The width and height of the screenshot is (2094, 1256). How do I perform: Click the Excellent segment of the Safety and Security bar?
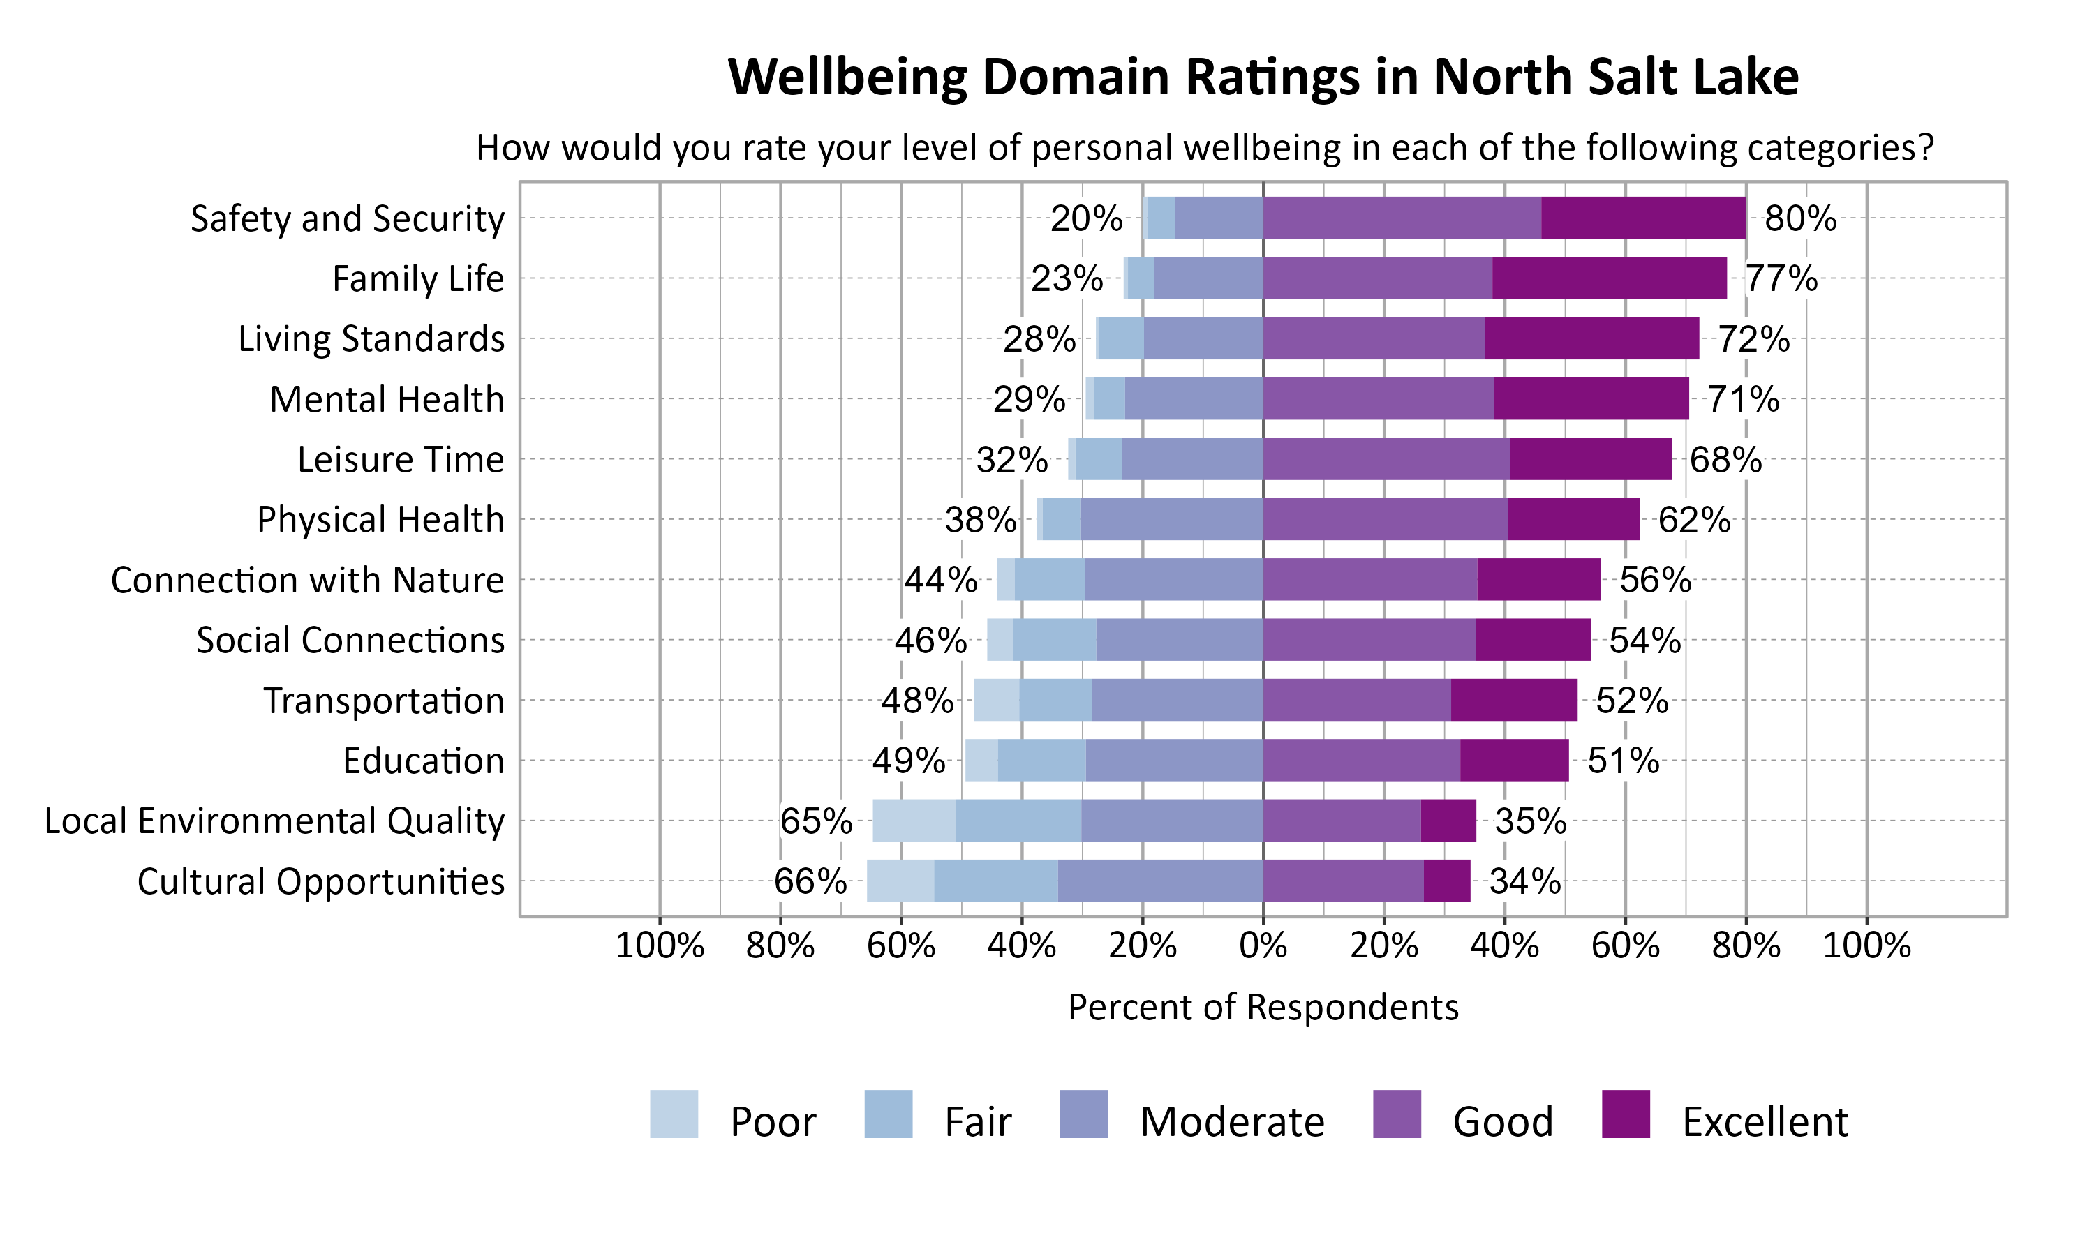click(x=1643, y=218)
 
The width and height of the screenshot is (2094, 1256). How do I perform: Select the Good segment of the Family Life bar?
click(x=1377, y=278)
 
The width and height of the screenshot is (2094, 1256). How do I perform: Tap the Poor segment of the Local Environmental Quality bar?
click(x=914, y=820)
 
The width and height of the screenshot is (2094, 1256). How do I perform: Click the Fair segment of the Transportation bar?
click(x=1055, y=700)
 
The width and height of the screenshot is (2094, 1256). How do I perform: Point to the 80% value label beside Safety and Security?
click(x=1799, y=218)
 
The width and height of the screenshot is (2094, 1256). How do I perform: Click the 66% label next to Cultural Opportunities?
click(x=809, y=881)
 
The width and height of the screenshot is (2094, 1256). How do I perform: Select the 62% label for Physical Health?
click(x=1693, y=520)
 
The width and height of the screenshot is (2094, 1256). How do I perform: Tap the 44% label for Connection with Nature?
click(x=940, y=580)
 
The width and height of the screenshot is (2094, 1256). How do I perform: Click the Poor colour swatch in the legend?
click(x=674, y=1114)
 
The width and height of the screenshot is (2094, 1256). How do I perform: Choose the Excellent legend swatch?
click(x=1626, y=1114)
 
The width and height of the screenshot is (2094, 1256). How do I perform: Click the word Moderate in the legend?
click(x=1231, y=1121)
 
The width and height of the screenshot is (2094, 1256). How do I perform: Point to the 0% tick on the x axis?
click(x=1263, y=945)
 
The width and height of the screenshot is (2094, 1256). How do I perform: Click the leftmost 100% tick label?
click(x=660, y=945)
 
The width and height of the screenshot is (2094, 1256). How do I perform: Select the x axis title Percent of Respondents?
click(x=1263, y=1007)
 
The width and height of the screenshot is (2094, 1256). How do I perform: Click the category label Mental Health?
click(x=386, y=398)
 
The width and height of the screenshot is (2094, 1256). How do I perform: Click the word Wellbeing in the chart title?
click(x=847, y=77)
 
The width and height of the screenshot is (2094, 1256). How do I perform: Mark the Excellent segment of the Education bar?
click(x=1513, y=760)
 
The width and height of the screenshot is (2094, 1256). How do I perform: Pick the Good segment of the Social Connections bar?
click(x=1369, y=640)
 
